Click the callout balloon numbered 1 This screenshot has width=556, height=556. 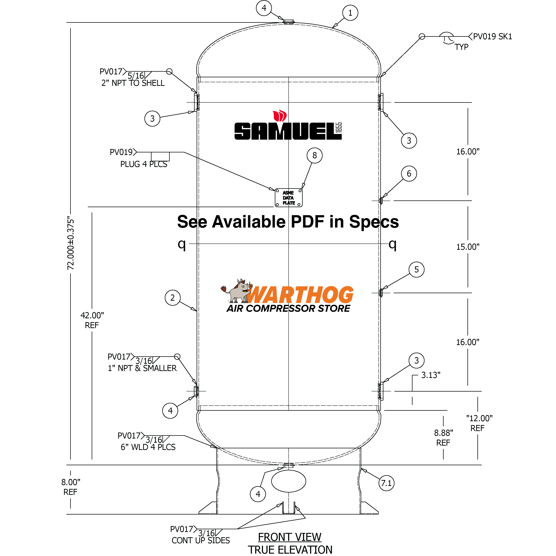[350, 13]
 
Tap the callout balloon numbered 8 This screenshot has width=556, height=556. [314, 155]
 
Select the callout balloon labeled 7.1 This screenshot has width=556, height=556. [386, 483]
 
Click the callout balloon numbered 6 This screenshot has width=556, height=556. [409, 174]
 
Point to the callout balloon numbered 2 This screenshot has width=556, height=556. [172, 298]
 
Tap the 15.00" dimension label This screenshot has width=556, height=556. [468, 247]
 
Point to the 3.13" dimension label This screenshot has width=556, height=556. [431, 375]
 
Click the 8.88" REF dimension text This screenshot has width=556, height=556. [443, 437]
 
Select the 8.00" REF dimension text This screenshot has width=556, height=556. [71, 487]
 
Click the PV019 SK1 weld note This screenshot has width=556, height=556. [492, 37]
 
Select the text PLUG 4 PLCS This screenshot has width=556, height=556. [144, 164]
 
